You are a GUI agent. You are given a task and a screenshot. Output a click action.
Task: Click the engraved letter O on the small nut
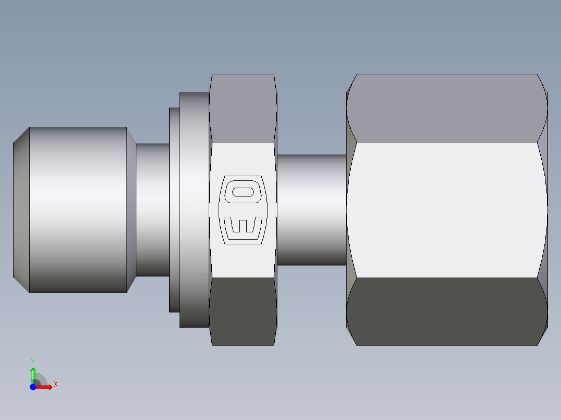pyautogui.click(x=243, y=191)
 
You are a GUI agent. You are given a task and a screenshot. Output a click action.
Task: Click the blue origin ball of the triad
pyautogui.click(x=33, y=387)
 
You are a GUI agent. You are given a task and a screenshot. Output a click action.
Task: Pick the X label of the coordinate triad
pyautogui.click(x=55, y=385)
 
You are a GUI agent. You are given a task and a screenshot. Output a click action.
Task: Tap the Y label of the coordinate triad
pyautogui.click(x=33, y=361)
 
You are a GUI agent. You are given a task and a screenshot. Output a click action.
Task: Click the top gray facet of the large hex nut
pyautogui.click(x=447, y=108)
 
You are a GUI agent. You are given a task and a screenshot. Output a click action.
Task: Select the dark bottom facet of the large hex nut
pyautogui.click(x=447, y=311)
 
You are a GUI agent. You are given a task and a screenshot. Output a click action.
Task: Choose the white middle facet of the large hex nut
pyautogui.click(x=447, y=209)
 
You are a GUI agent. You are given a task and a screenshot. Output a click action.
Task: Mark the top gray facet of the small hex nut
pyautogui.click(x=243, y=108)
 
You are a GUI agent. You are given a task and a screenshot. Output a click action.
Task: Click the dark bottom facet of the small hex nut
pyautogui.click(x=243, y=311)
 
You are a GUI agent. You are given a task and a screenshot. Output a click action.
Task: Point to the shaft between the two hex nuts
pyautogui.click(x=311, y=209)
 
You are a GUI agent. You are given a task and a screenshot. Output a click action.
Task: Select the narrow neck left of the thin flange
pyautogui.click(x=152, y=209)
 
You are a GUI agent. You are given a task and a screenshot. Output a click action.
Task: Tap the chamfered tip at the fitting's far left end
pyautogui.click(x=21, y=209)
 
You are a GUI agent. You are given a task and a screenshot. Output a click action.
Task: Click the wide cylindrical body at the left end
pyautogui.click(x=78, y=209)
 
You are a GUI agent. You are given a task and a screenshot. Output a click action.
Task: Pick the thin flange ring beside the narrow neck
pyautogui.click(x=174, y=209)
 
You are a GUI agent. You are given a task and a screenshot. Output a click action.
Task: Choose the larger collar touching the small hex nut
pyautogui.click(x=194, y=209)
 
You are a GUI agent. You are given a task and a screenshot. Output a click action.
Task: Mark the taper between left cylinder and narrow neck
pyautogui.click(x=131, y=209)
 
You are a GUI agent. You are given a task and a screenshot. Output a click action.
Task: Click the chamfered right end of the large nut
pyautogui.click(x=543, y=209)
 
